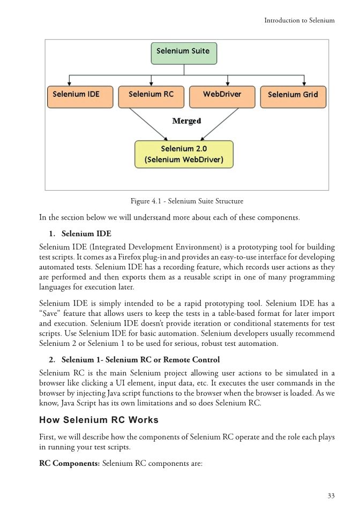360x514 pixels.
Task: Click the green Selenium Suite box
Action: point(183,53)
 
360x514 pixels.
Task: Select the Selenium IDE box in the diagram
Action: point(76,95)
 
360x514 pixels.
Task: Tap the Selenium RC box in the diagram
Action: point(152,95)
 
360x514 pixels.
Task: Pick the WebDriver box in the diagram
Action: point(222,95)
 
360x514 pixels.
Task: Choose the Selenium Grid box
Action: point(292,95)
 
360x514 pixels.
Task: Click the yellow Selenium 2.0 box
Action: point(184,154)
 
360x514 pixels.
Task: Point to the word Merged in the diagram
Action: point(186,121)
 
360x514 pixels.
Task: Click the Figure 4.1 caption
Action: point(187,201)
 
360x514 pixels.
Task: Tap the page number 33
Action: point(331,496)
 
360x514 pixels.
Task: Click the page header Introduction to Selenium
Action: point(299,20)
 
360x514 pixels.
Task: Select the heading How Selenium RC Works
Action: point(99,419)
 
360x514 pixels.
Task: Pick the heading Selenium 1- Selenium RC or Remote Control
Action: point(140,359)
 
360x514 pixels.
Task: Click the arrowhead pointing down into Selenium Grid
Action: point(304,83)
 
